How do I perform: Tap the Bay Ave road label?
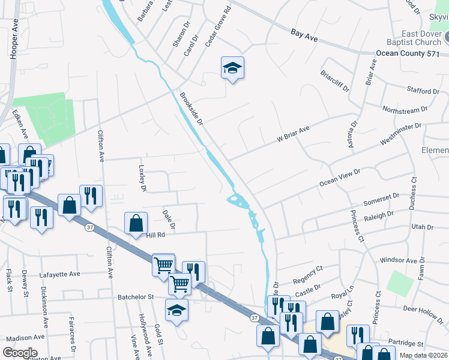304,36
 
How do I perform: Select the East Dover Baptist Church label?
414,38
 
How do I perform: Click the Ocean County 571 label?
412,53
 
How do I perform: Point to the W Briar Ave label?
292,133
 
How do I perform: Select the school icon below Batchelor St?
177,310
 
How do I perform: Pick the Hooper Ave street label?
14,41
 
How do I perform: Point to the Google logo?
20,353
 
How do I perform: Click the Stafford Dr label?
423,91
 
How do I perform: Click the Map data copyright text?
423,355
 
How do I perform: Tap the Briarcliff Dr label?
335,82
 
